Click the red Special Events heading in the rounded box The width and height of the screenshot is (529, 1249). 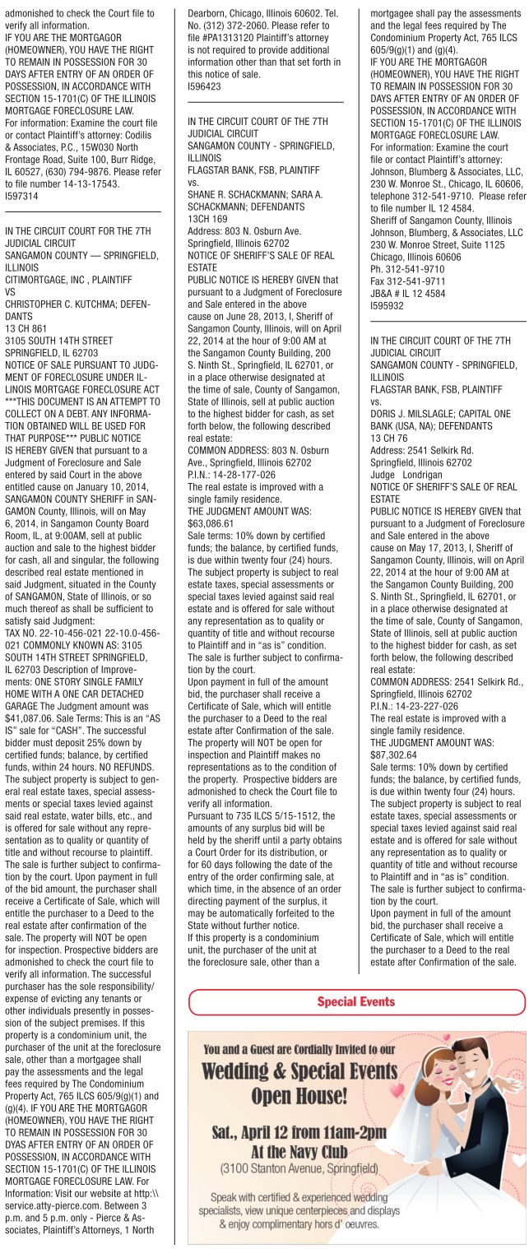[x=356, y=1001]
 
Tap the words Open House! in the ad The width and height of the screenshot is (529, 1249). [x=299, y=1095]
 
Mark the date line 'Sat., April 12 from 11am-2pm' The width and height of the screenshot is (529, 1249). [x=299, y=1131]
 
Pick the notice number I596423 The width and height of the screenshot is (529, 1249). [x=204, y=85]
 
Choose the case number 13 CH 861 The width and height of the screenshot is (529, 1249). [x=27, y=326]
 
